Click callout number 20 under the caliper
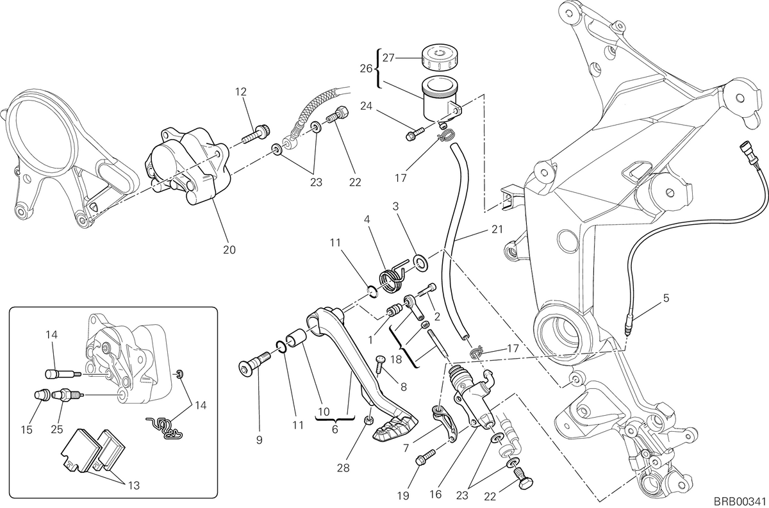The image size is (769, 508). [229, 250]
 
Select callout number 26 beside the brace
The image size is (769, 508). [366, 69]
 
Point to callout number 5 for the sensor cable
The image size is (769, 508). [666, 298]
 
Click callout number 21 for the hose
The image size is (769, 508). [497, 229]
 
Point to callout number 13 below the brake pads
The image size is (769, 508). [134, 485]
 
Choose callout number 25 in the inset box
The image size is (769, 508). [57, 429]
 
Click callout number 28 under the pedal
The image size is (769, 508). [343, 468]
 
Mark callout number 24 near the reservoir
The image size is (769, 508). [367, 106]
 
